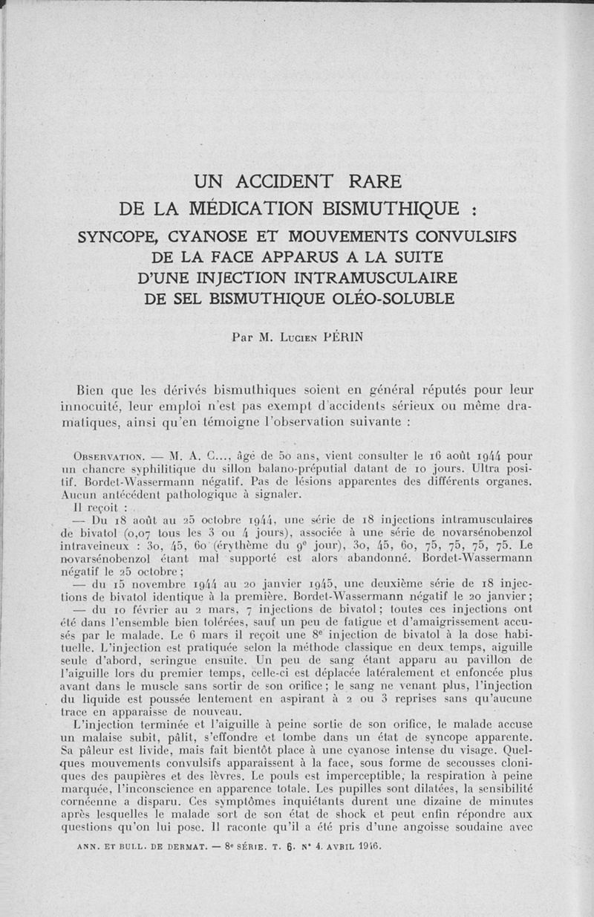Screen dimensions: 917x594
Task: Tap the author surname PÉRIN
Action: (x=341, y=336)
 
